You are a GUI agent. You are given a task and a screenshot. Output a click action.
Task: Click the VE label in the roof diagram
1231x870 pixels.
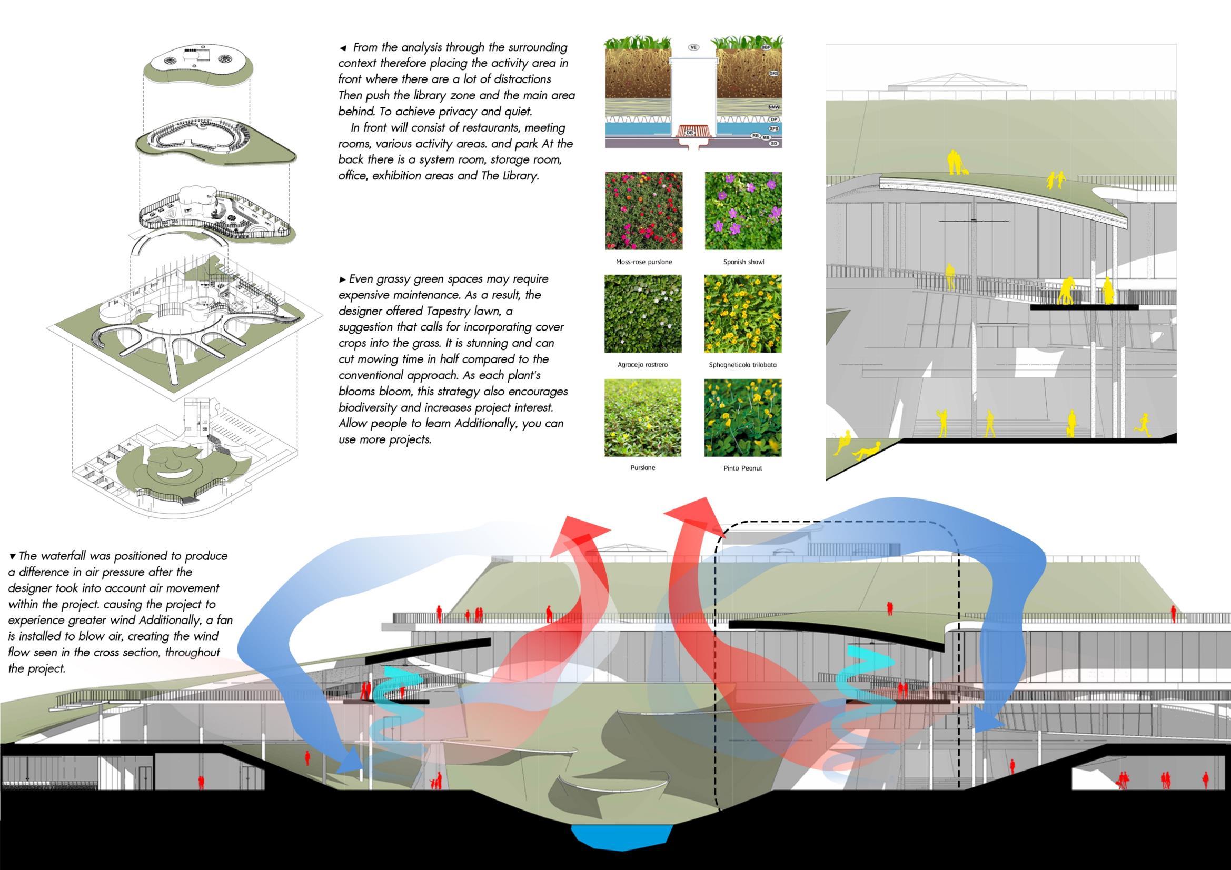pyautogui.click(x=694, y=47)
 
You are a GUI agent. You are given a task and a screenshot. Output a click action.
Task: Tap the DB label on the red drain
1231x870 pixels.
pyautogui.click(x=690, y=133)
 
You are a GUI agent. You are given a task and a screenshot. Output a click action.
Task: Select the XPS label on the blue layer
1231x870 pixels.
pyautogui.click(x=773, y=128)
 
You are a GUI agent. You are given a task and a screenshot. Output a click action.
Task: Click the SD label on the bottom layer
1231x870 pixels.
pyautogui.click(x=773, y=144)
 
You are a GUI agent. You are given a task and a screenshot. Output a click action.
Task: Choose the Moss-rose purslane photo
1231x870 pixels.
pyautogui.click(x=643, y=211)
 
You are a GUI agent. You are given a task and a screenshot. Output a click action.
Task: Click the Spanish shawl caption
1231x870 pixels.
pyautogui.click(x=743, y=262)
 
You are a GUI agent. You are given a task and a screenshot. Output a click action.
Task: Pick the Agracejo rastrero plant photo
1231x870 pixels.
pyautogui.click(x=643, y=314)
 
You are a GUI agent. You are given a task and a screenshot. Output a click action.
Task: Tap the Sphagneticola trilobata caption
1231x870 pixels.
pyautogui.click(x=742, y=365)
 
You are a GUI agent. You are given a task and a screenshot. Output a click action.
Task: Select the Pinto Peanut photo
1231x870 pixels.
pyautogui.click(x=742, y=417)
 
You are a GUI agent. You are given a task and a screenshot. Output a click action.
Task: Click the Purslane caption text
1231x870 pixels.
pyautogui.click(x=642, y=468)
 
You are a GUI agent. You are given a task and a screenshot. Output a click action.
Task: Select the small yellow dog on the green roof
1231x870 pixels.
pyautogui.click(x=966, y=172)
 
